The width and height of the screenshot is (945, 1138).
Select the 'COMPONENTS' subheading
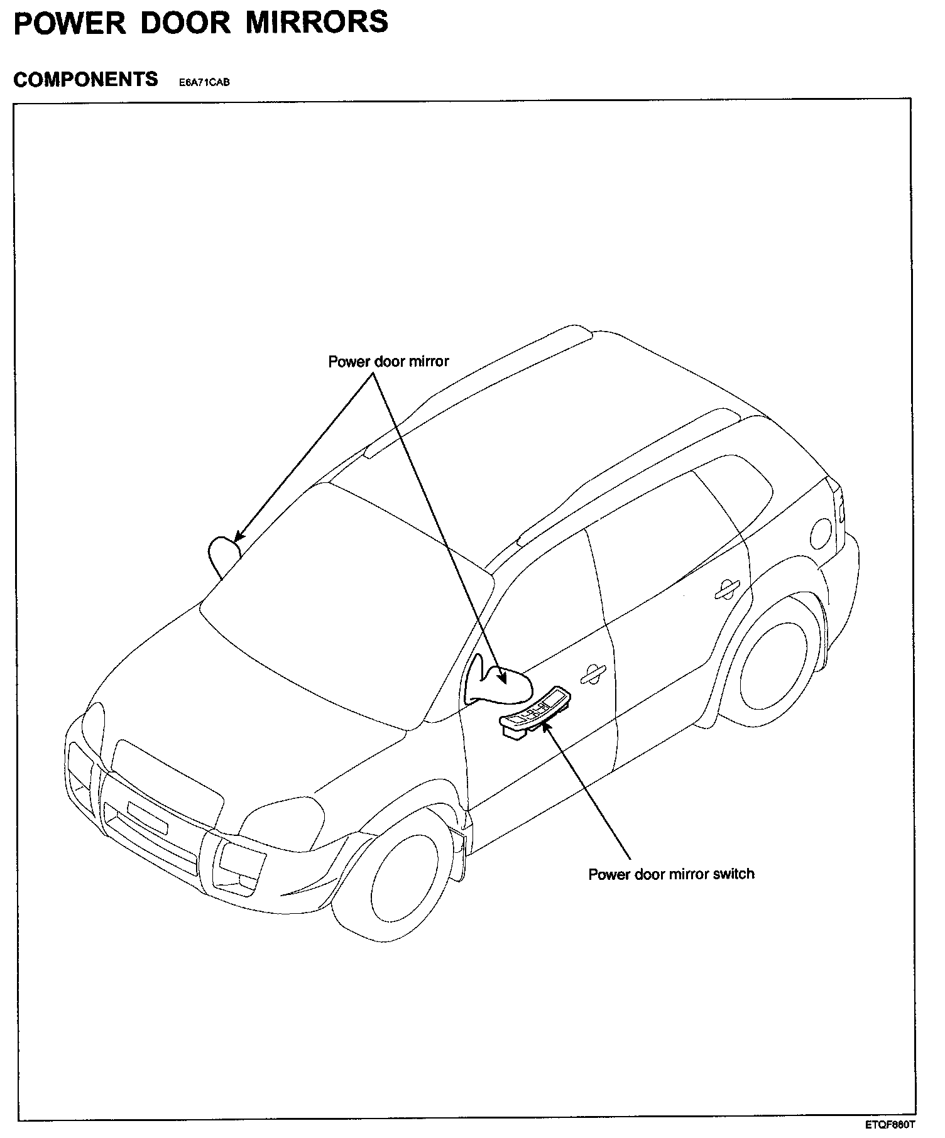click(x=85, y=80)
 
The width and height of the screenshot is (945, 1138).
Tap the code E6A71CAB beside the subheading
click(x=204, y=82)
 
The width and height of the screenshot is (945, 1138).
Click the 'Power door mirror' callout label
click(x=388, y=362)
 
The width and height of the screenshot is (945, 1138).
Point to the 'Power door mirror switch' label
click(x=671, y=874)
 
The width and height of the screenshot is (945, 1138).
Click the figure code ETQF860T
click(x=890, y=1124)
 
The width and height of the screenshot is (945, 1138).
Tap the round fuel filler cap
click(x=821, y=534)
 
